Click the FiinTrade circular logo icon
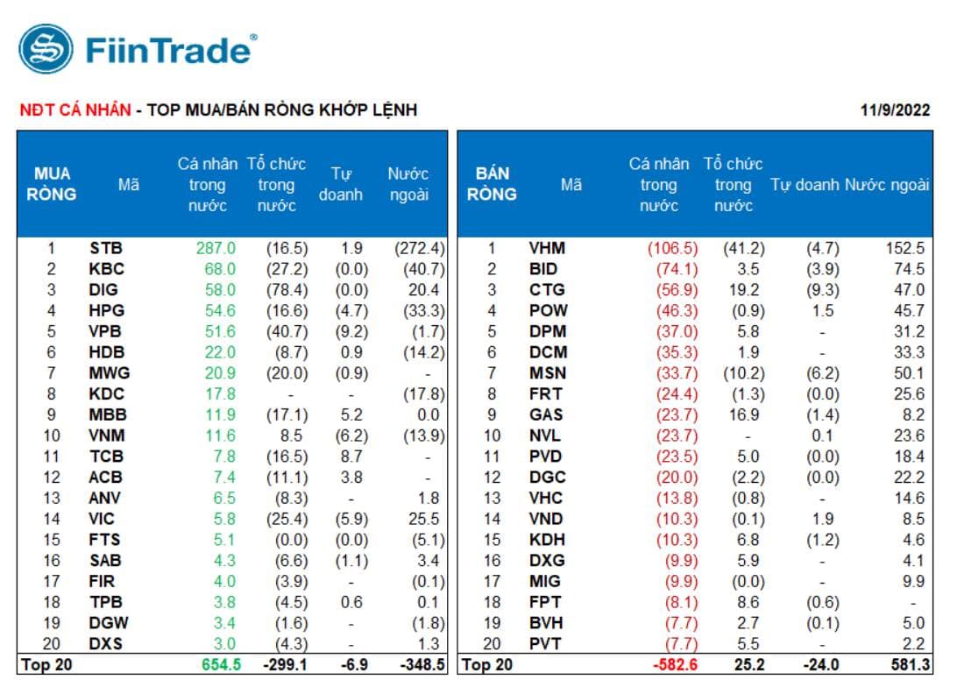click(x=46, y=49)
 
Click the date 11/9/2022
click(x=896, y=110)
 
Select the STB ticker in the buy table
click(x=105, y=248)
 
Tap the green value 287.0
click(x=216, y=248)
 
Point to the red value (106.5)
click(x=673, y=248)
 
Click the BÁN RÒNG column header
click(x=492, y=183)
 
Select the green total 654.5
click(x=215, y=665)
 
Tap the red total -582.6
click(x=671, y=665)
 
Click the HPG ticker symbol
click(x=107, y=310)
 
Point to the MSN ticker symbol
click(x=548, y=373)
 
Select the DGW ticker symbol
click(x=109, y=623)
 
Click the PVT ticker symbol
click(x=545, y=644)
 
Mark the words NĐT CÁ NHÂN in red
click(x=74, y=110)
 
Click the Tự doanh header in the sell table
click(x=805, y=185)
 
